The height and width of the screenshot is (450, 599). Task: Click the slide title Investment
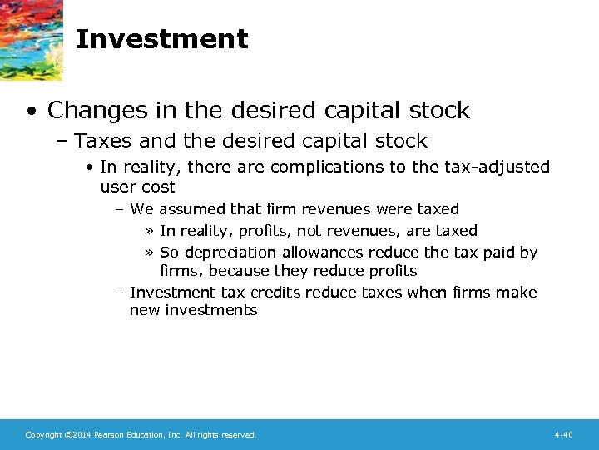161,39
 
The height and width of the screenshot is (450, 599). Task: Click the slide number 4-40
563,435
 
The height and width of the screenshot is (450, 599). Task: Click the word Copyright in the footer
43,435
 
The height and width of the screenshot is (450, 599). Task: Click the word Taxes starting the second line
106,140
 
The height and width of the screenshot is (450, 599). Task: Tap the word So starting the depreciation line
170,252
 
